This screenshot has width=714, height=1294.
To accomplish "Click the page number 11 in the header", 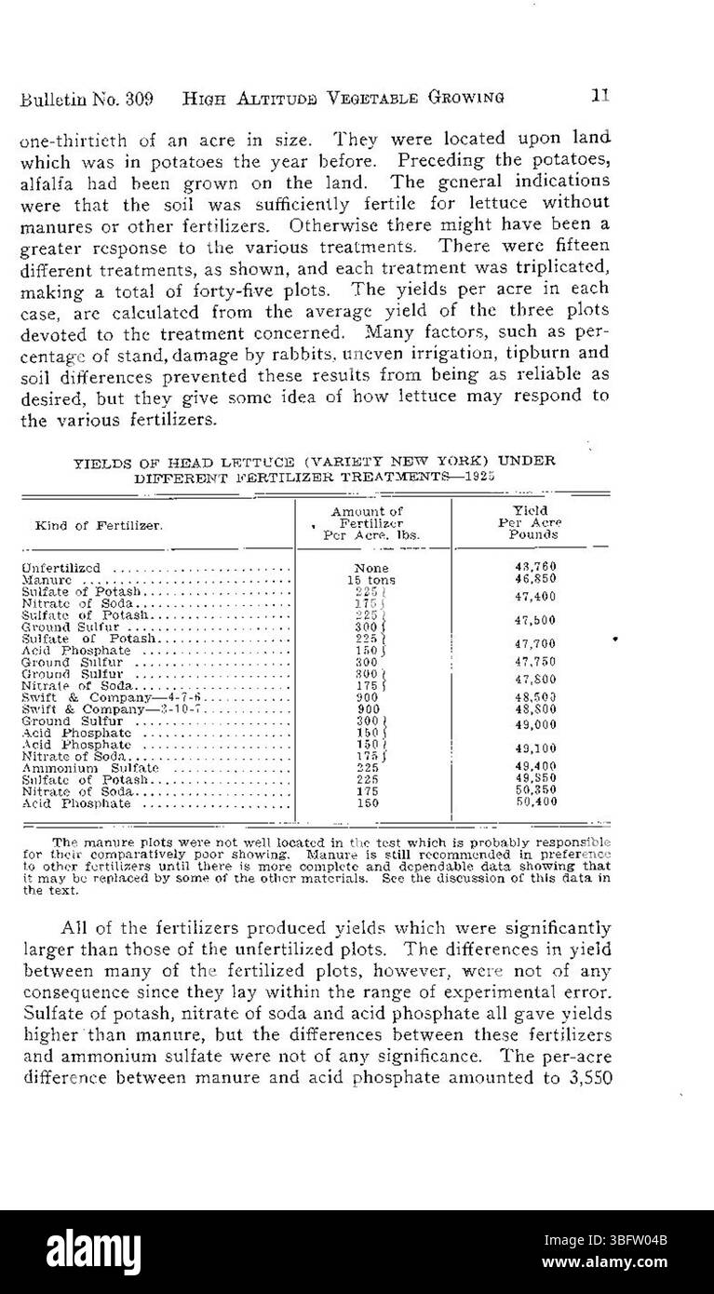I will (x=599, y=96).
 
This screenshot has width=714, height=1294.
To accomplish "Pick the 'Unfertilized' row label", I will (x=65, y=568).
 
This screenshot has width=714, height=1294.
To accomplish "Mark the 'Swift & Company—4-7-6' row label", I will (x=112, y=697).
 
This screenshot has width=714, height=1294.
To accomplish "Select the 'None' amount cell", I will (x=371, y=568).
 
